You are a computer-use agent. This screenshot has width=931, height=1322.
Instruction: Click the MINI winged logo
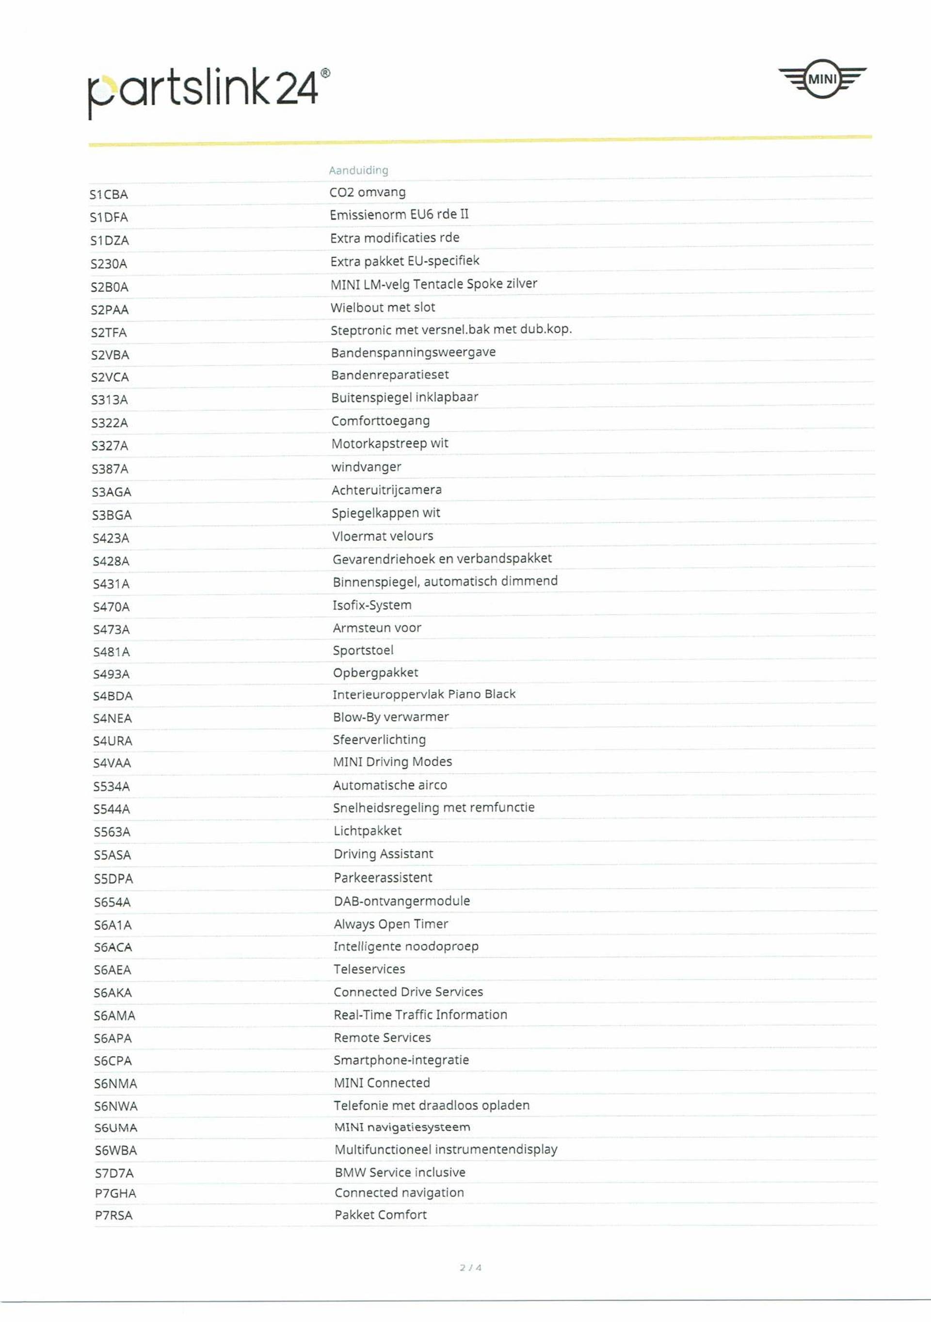pyautogui.click(x=822, y=79)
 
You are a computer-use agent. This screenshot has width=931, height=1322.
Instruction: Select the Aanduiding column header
pyautogui.click(x=358, y=170)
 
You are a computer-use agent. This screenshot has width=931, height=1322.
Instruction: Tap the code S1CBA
pyautogui.click(x=109, y=195)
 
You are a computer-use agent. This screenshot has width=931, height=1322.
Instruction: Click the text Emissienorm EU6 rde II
pyautogui.click(x=399, y=215)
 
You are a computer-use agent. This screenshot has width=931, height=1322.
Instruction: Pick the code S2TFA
pyautogui.click(x=109, y=333)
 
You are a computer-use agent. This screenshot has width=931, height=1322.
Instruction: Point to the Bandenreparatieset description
pyautogui.click(x=389, y=375)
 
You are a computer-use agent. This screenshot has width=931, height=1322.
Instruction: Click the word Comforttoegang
pyautogui.click(x=380, y=421)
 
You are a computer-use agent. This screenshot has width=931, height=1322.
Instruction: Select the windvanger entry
pyautogui.click(x=366, y=467)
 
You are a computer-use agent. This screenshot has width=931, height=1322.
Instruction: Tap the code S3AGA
pyautogui.click(x=112, y=492)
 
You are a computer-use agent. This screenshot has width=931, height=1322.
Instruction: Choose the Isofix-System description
pyautogui.click(x=372, y=605)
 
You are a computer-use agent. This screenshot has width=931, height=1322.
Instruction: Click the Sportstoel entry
pyautogui.click(x=363, y=651)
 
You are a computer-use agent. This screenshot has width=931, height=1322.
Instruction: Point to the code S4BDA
pyautogui.click(x=113, y=696)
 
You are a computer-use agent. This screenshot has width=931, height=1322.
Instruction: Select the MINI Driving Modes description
pyautogui.click(x=392, y=762)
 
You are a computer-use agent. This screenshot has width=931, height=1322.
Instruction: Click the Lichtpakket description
pyautogui.click(x=367, y=831)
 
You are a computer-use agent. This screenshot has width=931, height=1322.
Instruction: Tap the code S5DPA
pyautogui.click(x=113, y=879)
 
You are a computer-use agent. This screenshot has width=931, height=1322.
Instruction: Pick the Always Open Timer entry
pyautogui.click(x=391, y=924)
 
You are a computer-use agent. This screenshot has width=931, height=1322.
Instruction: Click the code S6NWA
pyautogui.click(x=116, y=1106)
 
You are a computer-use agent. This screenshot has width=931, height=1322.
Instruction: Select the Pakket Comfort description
pyautogui.click(x=380, y=1215)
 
